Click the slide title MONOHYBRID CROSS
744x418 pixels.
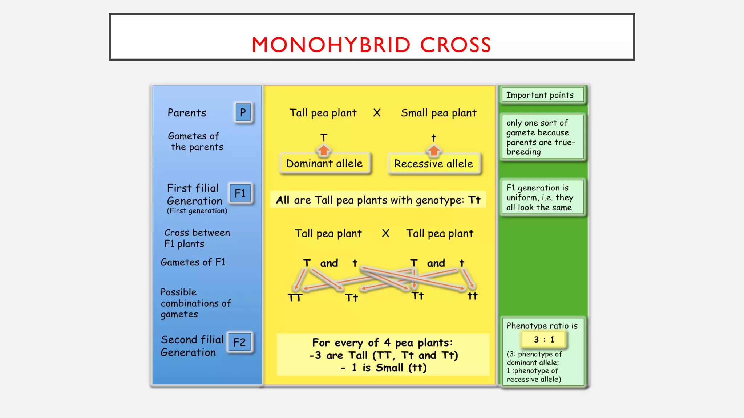point(371,45)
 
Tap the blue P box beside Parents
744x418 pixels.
point(243,112)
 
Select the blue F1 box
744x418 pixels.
point(240,193)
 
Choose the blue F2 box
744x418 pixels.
point(239,342)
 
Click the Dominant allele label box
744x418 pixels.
point(324,164)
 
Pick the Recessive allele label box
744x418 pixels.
point(434,164)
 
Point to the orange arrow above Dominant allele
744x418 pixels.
point(323,150)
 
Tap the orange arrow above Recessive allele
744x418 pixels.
point(433,150)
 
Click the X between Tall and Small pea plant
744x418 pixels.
point(377,113)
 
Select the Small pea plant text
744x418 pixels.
point(438,113)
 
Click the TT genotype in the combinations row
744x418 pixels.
point(295,298)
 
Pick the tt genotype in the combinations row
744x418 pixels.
point(472,296)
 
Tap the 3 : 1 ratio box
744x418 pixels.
point(544,340)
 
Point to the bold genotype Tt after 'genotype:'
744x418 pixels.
point(474,200)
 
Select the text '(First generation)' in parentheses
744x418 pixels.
point(197,211)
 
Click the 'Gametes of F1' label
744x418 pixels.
point(193,262)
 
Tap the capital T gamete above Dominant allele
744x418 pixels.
point(324,138)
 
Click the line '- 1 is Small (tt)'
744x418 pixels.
point(383,368)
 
